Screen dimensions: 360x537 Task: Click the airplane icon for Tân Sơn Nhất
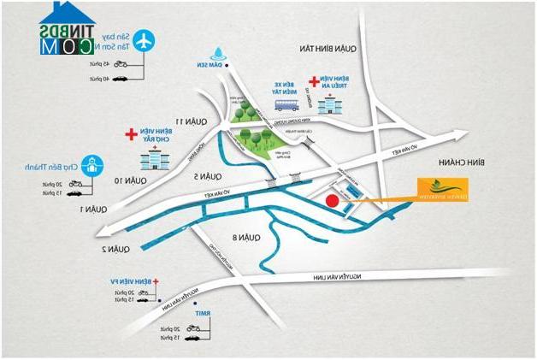tap(145, 39)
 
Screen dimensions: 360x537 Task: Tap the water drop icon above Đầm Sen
tap(220, 52)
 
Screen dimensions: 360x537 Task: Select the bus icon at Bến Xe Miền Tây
tap(286, 105)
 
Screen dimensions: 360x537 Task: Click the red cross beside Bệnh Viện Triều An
tap(314, 82)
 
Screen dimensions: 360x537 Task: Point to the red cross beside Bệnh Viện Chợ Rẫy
tap(130, 134)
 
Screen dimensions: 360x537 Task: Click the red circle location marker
tap(332, 201)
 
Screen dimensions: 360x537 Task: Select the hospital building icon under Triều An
tap(328, 104)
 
